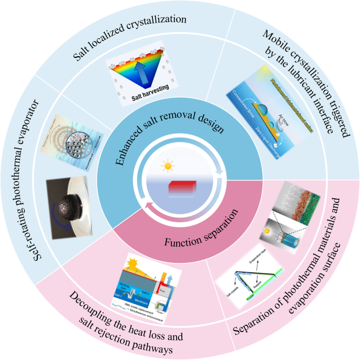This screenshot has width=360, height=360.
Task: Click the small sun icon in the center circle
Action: pyautogui.click(x=168, y=167)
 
